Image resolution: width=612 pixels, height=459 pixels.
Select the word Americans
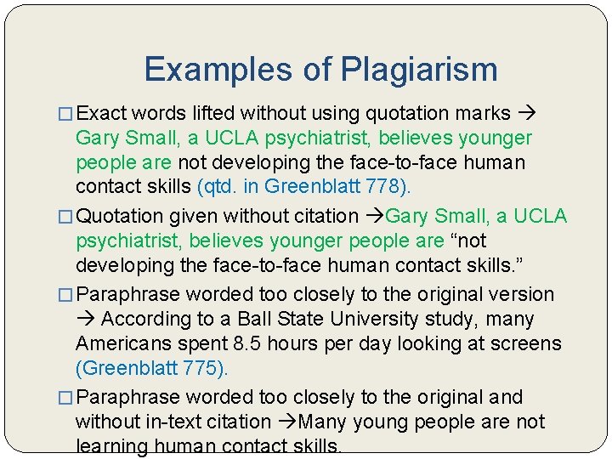tap(124, 344)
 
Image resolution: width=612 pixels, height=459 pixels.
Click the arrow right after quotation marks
tap(526, 113)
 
